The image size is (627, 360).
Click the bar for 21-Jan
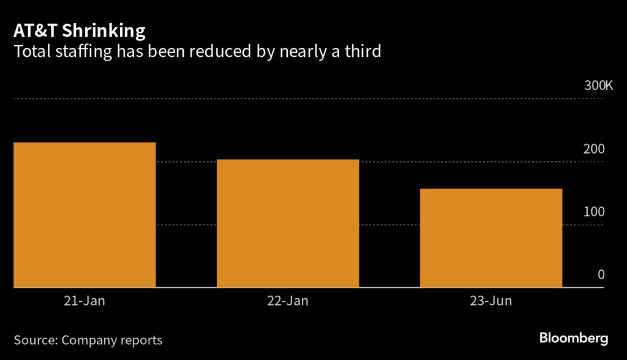tap(84, 214)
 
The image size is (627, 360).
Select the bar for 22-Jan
tap(288, 223)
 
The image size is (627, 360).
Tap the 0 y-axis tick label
tap(601, 275)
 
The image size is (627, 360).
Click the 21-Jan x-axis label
tap(84, 301)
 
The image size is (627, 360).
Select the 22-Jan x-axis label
tap(288, 301)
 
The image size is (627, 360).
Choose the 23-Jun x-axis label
tap(491, 301)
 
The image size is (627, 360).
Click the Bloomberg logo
tap(573, 338)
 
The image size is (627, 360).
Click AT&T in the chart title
tap(34, 31)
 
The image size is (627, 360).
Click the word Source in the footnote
tap(35, 340)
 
